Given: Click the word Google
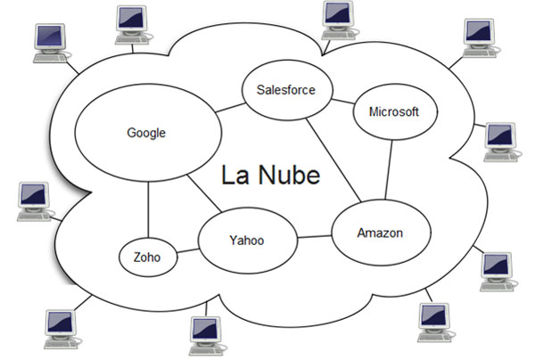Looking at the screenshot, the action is point(146,133).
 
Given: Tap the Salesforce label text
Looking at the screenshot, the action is point(286,90).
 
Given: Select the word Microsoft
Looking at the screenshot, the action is point(394,111).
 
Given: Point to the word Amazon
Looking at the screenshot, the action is point(380,233).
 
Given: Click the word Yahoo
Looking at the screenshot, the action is point(247,241).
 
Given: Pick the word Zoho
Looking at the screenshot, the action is point(147,257).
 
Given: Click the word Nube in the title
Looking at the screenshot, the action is point(289,175).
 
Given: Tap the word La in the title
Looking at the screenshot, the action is point(235,175).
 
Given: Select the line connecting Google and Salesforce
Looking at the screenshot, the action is point(230,108).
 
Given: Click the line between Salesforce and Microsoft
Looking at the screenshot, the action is point(343,102).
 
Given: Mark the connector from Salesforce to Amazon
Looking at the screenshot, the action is point(333,160).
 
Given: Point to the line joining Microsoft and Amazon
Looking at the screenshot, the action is point(389,169).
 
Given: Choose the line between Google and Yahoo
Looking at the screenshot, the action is point(204,193).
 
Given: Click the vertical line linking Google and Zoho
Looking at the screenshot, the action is point(148,209).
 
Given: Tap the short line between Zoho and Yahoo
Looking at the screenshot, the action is point(188,251).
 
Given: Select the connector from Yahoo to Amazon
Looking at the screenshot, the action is point(314,237).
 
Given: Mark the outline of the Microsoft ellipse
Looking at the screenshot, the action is point(395,84).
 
